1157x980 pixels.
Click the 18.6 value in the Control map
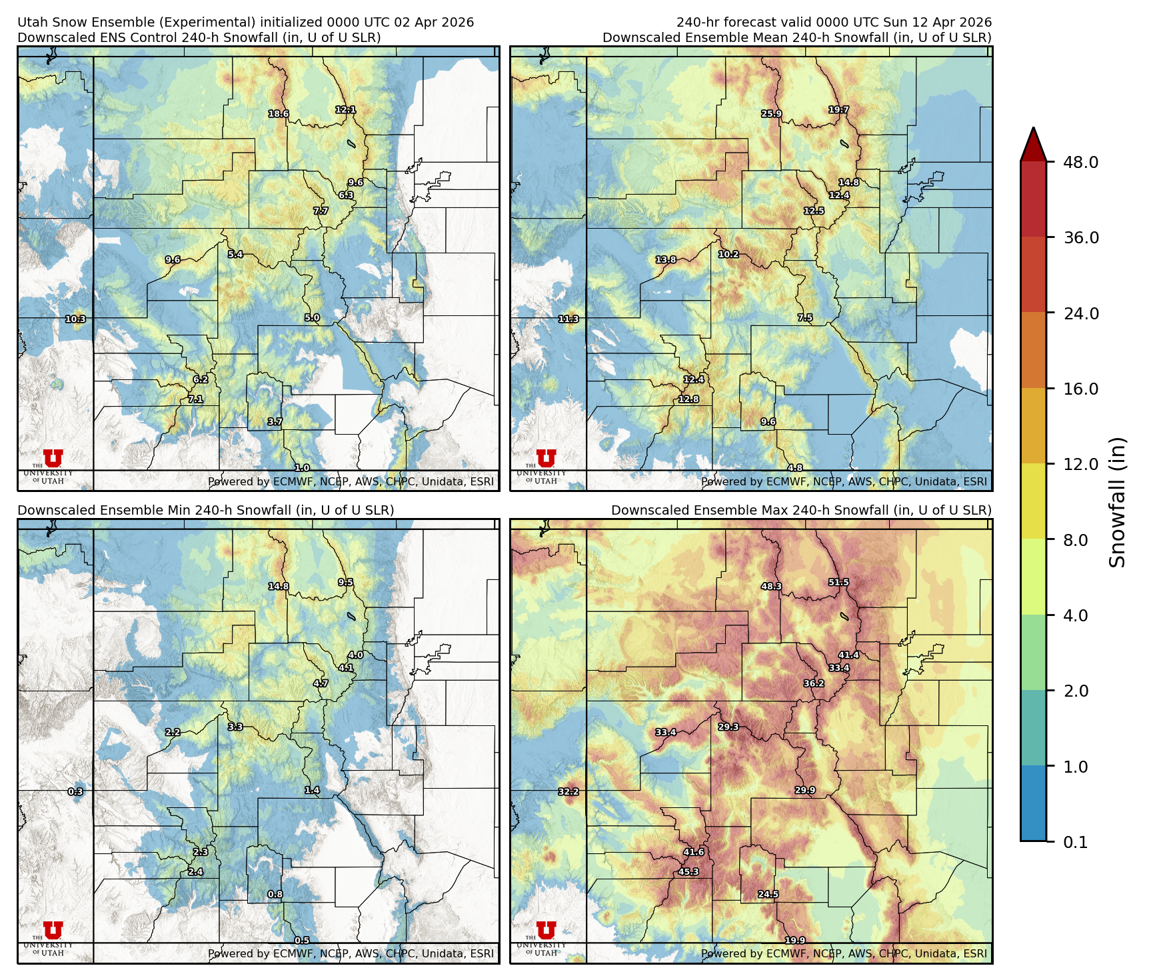point(279,114)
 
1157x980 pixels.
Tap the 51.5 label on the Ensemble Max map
point(838,583)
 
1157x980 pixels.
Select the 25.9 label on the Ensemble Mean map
point(772,114)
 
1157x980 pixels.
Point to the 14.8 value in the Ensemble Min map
point(279,587)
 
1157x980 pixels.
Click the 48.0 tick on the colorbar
point(1080,162)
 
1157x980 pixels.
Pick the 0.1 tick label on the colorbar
point(1075,843)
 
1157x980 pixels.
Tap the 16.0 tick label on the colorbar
point(1080,389)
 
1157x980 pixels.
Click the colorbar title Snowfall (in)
point(1118,502)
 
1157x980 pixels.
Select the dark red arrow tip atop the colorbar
point(1033,141)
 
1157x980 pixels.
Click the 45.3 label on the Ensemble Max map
point(688,872)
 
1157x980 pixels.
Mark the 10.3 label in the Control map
point(75,319)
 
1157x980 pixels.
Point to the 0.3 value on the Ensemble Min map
point(75,792)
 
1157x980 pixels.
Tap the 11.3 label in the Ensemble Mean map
point(569,319)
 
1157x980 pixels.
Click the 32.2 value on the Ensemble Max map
point(569,792)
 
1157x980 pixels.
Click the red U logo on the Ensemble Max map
point(546,931)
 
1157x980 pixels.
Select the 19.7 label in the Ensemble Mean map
point(838,110)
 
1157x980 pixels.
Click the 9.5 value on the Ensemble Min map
point(345,583)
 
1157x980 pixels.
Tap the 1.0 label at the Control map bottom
point(302,468)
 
